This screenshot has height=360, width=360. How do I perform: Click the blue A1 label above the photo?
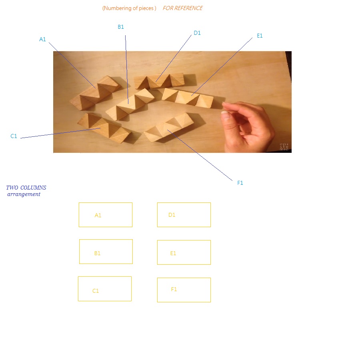coord(42,39)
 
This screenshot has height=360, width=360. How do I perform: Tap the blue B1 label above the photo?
coord(121,27)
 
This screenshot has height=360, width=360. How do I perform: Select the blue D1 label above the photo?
coord(197,33)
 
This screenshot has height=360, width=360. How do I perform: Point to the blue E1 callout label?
coord(260,36)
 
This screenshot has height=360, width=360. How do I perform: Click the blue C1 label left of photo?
coord(14,136)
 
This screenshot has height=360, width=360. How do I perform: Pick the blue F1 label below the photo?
coord(240,183)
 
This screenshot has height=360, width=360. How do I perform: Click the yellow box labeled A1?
coord(106,215)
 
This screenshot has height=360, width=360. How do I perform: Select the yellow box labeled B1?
coord(106,252)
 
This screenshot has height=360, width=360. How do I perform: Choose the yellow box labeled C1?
coord(105,289)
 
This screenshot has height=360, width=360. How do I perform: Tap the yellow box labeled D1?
coord(184,215)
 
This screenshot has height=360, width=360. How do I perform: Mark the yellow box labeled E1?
coord(184,252)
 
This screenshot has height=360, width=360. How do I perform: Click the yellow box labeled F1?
coord(184,290)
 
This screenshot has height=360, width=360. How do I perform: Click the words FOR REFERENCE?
coord(183,8)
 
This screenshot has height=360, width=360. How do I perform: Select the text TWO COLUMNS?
coord(26,188)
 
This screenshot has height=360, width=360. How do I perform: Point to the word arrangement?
coord(24,194)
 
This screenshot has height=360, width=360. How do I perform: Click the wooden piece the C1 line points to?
coord(104,128)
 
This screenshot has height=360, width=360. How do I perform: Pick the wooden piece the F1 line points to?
coord(169,128)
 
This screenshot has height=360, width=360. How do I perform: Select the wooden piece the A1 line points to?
coord(95,92)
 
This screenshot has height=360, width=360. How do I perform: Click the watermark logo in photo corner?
coord(284,147)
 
